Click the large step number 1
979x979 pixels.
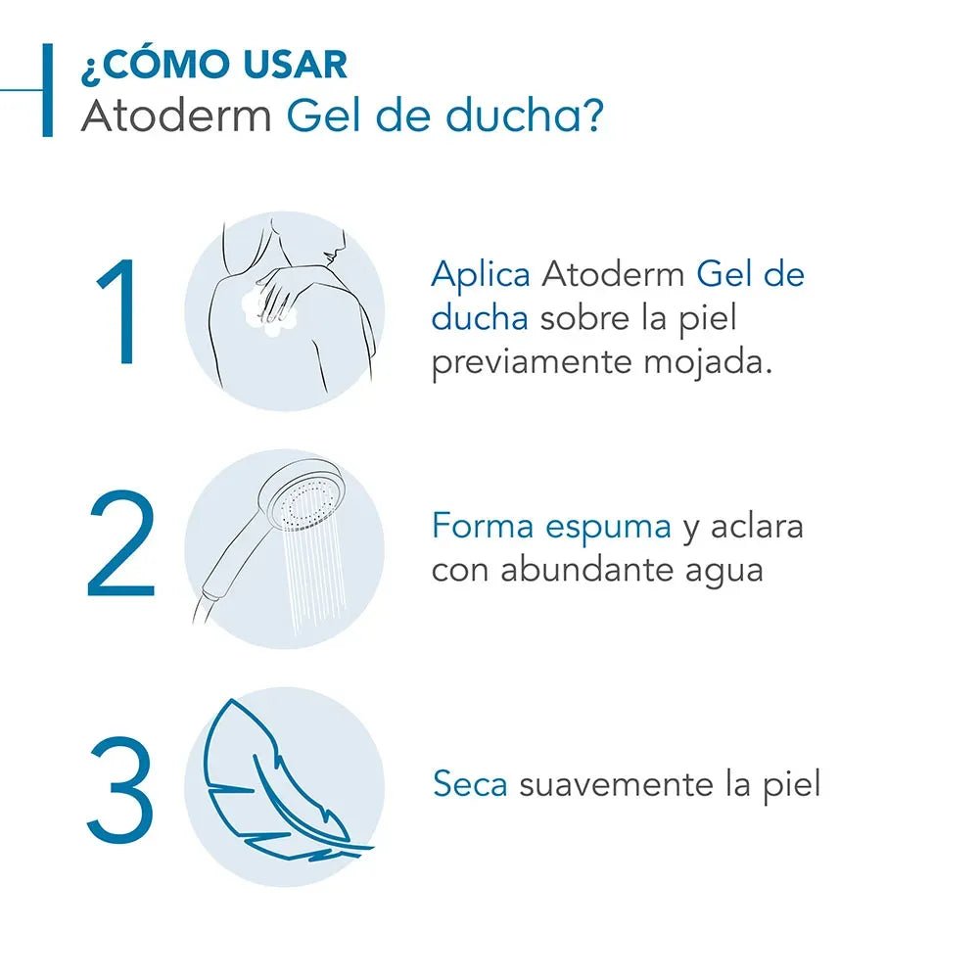click(x=117, y=313)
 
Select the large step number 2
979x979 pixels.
click(x=120, y=546)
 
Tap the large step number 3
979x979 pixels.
click(x=120, y=791)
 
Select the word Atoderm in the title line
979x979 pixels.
click(x=177, y=117)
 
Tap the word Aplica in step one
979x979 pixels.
click(x=480, y=275)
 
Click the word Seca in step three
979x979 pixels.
click(x=470, y=784)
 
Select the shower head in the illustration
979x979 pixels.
click(x=304, y=500)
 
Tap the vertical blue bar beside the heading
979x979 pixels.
click(x=47, y=90)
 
